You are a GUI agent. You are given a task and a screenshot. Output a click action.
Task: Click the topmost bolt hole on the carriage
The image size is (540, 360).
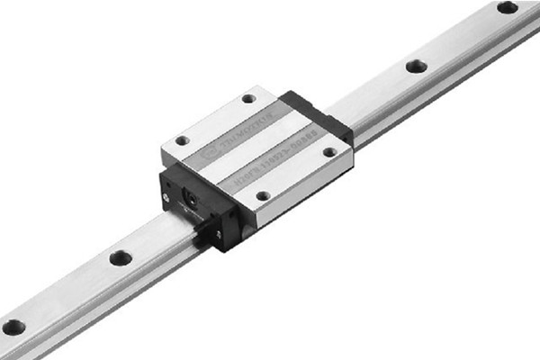coord(248,98)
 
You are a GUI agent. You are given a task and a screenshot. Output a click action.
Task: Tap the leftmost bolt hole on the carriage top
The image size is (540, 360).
coord(182,140)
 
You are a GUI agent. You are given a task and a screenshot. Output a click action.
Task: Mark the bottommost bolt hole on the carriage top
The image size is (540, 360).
coord(262,195)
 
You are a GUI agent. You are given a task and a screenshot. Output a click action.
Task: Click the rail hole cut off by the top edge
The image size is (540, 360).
coord(507,7)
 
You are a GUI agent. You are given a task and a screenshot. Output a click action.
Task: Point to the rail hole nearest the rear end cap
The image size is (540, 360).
coord(415,66)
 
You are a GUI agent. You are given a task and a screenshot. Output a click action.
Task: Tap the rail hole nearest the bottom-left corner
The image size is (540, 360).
coord(13,327)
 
